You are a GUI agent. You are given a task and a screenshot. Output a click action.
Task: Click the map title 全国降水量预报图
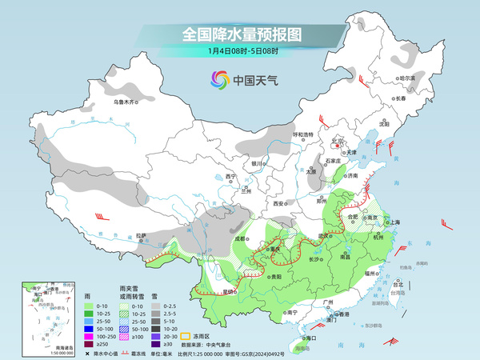(x=240, y=35)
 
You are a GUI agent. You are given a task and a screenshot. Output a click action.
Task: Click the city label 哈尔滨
(x=407, y=78)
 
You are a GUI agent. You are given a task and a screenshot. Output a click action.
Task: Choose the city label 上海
(x=394, y=222)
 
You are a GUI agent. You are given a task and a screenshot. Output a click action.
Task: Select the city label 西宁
(x=231, y=176)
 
